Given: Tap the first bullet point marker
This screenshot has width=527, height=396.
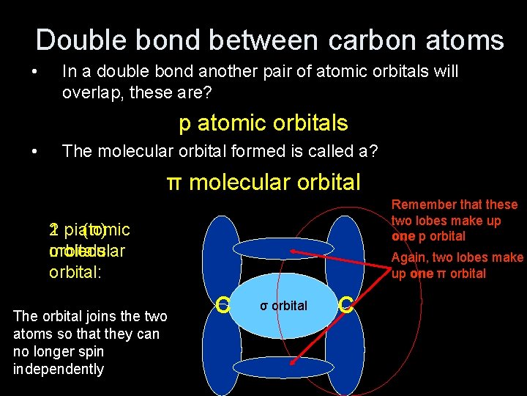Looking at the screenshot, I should point(34,73).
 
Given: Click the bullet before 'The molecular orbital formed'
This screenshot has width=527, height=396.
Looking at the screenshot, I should point(34,153).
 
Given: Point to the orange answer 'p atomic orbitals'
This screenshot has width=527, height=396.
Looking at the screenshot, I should point(263,122).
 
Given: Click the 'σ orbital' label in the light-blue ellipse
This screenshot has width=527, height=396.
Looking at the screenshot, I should point(284,305).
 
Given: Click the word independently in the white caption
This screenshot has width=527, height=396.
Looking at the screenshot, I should point(59,369).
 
